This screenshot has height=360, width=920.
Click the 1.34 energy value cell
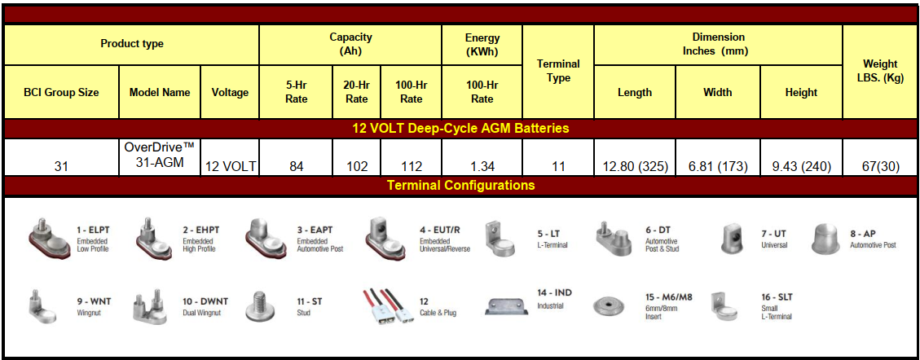tap(482, 166)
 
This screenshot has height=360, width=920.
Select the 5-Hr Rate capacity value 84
tap(296, 166)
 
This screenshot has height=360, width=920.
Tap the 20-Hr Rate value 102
tap(357, 166)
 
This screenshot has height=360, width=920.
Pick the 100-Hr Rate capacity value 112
tap(411, 166)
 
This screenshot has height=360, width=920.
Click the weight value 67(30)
tap(881, 166)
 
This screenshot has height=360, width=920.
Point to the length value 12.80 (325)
tap(636, 166)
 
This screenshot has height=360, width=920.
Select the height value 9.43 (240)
tap(801, 166)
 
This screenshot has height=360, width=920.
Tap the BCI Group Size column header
tap(62, 92)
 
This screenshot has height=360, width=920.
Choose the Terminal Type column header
tap(558, 70)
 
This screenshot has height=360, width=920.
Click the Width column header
tap(718, 92)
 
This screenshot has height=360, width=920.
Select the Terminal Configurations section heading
tap(460, 185)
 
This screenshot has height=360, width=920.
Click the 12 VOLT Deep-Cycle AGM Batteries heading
tap(460, 129)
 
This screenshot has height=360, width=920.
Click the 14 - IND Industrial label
tap(554, 298)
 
